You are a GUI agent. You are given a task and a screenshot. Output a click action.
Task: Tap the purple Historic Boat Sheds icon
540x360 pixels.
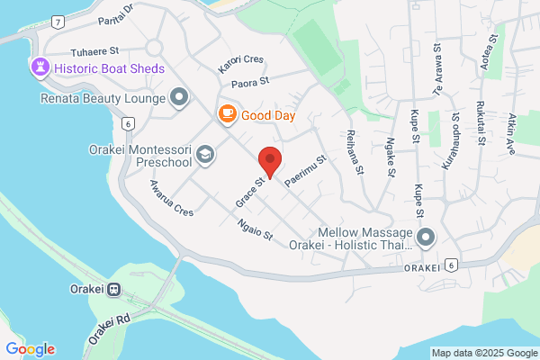tap(40, 67)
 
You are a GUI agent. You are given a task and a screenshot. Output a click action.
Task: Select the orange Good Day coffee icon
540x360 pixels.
tap(227, 114)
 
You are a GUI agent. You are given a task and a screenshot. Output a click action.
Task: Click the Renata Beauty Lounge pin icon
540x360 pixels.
tap(180, 97)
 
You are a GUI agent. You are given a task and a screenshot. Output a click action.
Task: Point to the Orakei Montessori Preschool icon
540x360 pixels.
tap(205, 156)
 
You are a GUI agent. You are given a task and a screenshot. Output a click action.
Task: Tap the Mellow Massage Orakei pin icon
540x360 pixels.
tap(426, 238)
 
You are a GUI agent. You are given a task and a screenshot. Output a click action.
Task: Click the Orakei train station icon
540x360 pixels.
tap(114, 289)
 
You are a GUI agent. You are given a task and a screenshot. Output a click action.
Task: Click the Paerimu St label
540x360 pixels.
tap(304, 169)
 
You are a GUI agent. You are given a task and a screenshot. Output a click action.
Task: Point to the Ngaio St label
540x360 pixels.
tap(255, 230)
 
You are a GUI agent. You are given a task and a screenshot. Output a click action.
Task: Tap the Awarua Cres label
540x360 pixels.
tap(172, 197)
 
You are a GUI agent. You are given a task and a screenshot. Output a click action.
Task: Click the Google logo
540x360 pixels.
tap(30, 349)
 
